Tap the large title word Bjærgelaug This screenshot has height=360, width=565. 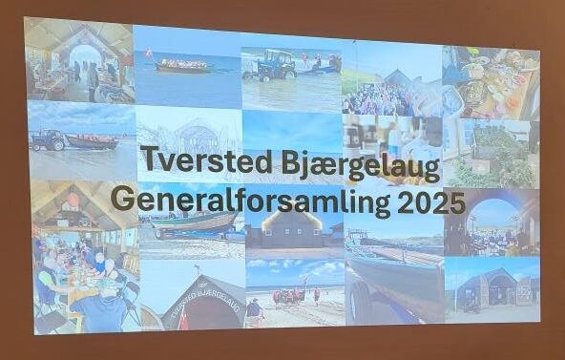click(x=361, y=165)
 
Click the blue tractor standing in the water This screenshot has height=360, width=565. click(x=270, y=65)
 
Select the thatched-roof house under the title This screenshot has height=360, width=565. click(x=292, y=229)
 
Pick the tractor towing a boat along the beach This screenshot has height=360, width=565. click(x=48, y=139)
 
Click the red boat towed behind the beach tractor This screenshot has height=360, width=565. click(x=93, y=141)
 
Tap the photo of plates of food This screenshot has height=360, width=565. click(x=491, y=83)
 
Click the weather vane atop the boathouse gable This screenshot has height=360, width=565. click(x=197, y=268)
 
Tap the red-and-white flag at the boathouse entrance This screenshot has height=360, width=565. click(x=183, y=318)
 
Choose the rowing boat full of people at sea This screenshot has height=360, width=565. click(x=182, y=66)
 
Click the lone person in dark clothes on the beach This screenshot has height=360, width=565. click(x=255, y=309)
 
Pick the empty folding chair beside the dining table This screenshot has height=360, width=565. click(x=131, y=301)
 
